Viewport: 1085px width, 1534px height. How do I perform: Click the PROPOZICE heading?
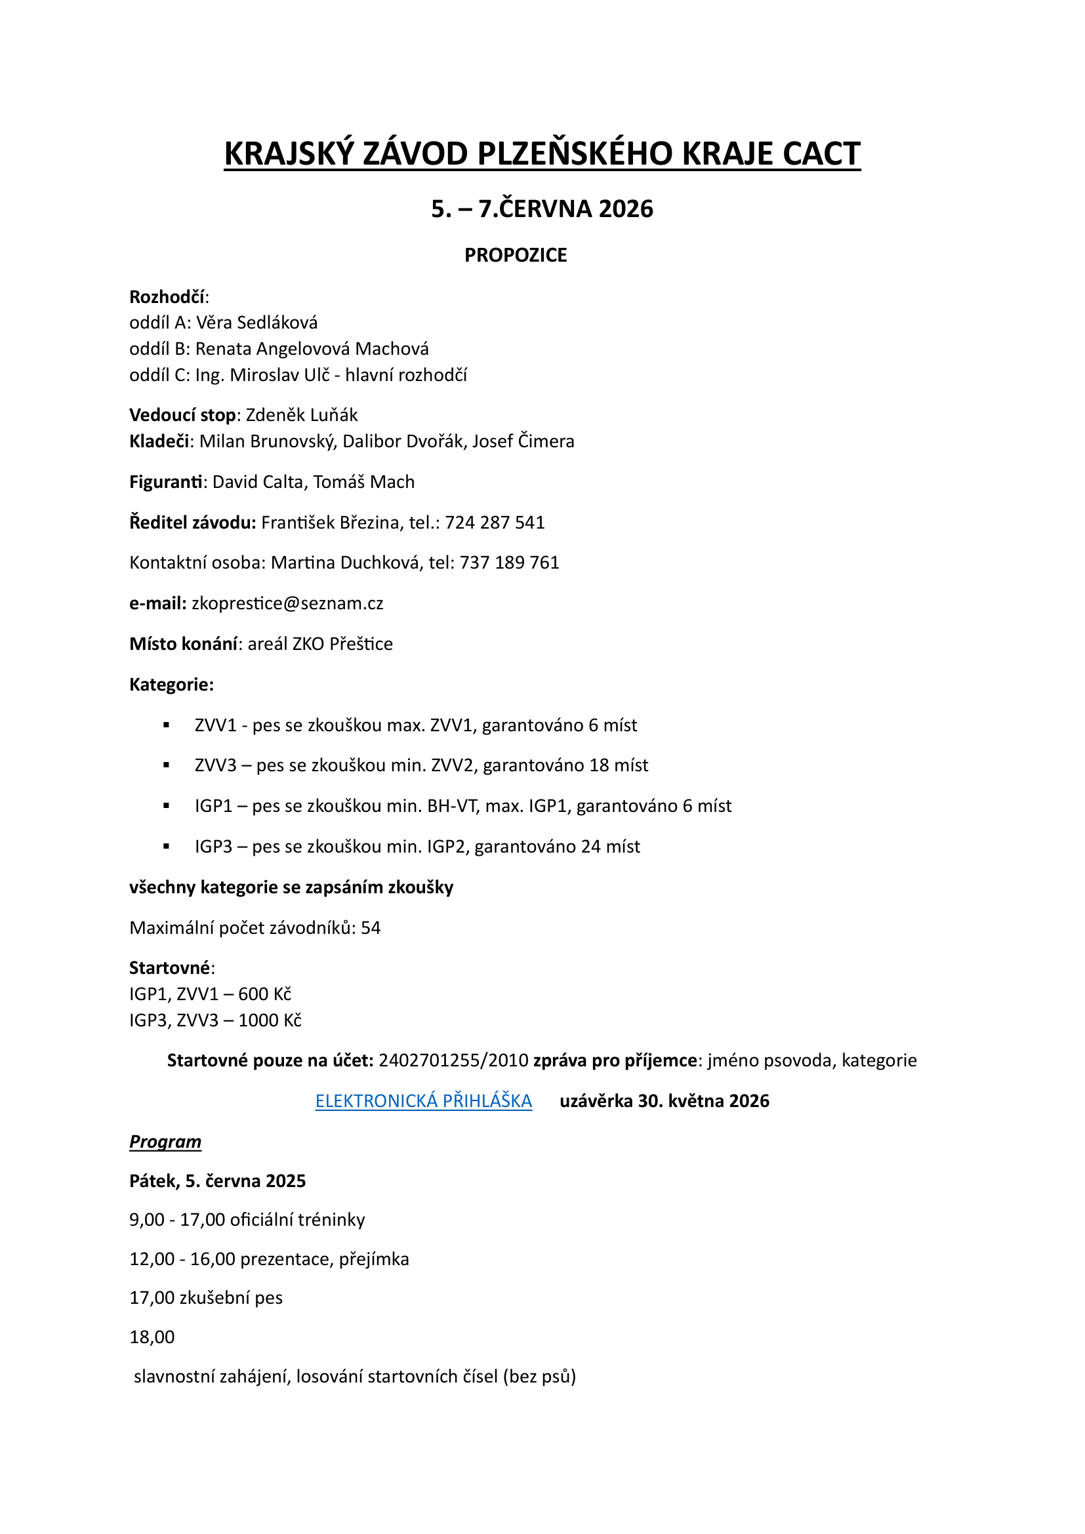pyautogui.click(x=515, y=255)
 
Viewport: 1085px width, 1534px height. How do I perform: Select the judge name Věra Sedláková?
pyautogui.click(x=256, y=323)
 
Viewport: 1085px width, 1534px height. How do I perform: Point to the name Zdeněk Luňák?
pyautogui.click(x=301, y=415)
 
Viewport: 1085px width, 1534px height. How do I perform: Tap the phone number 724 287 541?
pyautogui.click(x=495, y=523)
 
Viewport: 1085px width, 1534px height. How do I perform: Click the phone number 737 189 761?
pyautogui.click(x=509, y=563)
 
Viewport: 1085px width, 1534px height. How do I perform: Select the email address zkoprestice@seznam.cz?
pyautogui.click(x=287, y=603)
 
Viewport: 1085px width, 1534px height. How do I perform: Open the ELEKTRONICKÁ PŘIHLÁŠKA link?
pyautogui.click(x=424, y=1101)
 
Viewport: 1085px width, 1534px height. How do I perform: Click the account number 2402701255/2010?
pyautogui.click(x=454, y=1060)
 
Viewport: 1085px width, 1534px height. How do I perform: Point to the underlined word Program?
pyautogui.click(x=165, y=1142)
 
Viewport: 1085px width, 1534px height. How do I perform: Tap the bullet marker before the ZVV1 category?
pyautogui.click(x=167, y=725)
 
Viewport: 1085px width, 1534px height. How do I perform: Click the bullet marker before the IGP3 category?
pyautogui.click(x=167, y=847)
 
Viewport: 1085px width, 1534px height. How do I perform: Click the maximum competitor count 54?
pyautogui.click(x=371, y=928)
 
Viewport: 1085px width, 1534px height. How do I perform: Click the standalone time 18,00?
pyautogui.click(x=152, y=1337)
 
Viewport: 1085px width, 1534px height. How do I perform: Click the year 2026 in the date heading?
pyautogui.click(x=626, y=209)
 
